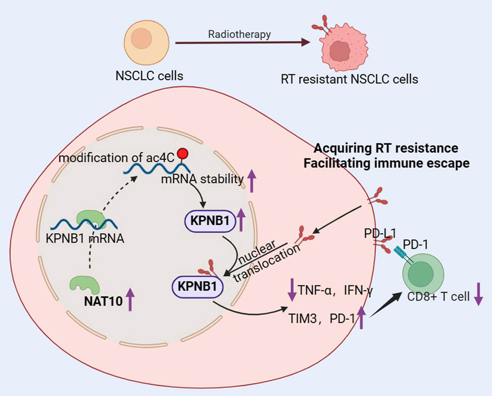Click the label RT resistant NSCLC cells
point(349,79)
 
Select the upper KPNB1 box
point(207,220)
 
